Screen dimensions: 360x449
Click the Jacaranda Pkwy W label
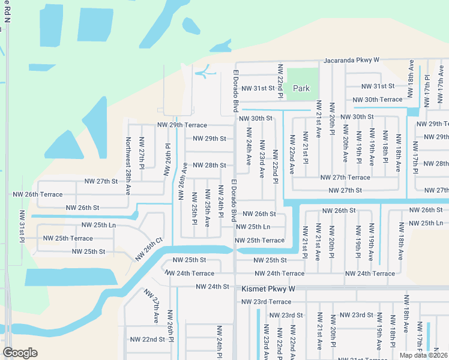[x=352, y=61]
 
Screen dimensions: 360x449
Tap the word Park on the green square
[x=301, y=88]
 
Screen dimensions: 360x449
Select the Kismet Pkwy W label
[x=268, y=289]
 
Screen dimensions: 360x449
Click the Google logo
[x=20, y=352]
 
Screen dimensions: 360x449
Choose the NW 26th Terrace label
[x=37, y=194]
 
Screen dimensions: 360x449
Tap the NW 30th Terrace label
[x=377, y=100]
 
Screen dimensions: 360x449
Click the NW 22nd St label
[x=147, y=339]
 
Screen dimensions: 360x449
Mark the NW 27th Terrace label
[x=345, y=178]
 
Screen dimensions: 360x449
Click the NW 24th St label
[x=213, y=287]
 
